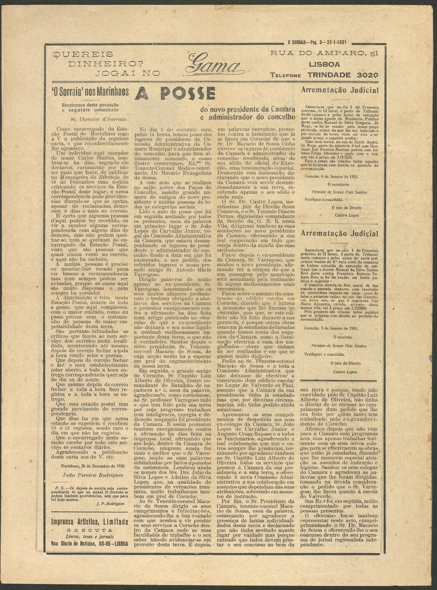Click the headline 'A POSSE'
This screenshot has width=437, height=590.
pyautogui.click(x=175, y=93)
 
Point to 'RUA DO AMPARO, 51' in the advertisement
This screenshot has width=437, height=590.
pyautogui.click(x=324, y=53)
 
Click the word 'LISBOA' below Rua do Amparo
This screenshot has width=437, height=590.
pyautogui.click(x=324, y=64)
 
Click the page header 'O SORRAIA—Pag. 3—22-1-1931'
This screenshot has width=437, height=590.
pyautogui.click(x=317, y=42)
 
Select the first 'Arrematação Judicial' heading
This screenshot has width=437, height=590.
pyautogui.click(x=340, y=90)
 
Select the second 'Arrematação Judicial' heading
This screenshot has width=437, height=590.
pyautogui.click(x=340, y=234)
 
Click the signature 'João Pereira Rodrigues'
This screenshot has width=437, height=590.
pyautogui.click(x=93, y=475)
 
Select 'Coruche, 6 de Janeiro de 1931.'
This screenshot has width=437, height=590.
pyautogui.click(x=332, y=177)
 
